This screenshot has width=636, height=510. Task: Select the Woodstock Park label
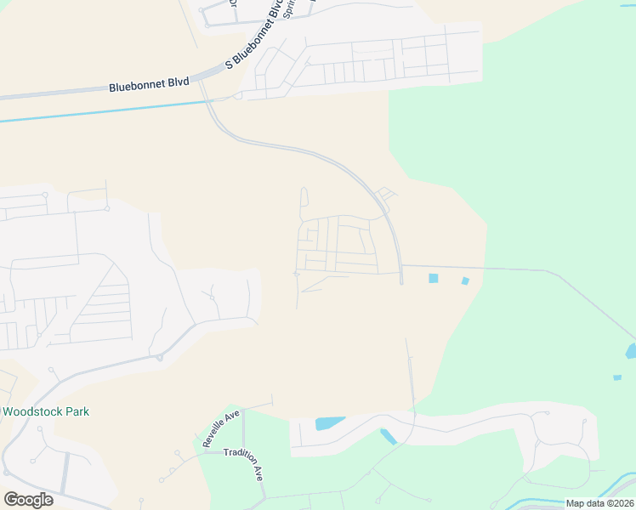pos(46,411)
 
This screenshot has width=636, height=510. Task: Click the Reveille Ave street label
pos(221,428)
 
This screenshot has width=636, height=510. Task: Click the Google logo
pos(28,500)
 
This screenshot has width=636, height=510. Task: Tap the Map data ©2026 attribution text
pos(599,503)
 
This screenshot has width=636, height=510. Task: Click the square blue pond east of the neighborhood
pos(434,278)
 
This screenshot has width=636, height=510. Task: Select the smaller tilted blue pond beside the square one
pos(464,280)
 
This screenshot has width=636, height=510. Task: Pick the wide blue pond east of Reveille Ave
pos(329,422)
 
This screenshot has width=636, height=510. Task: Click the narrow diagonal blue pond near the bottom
pos(389,437)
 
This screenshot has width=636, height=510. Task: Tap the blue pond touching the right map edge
pos(631,350)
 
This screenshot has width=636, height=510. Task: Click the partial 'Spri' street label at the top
pos(291,11)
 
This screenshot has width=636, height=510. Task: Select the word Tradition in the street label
pos(239,455)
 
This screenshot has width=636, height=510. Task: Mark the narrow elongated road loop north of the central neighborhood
pos(304,199)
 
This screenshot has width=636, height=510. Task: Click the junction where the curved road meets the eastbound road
pos(400,266)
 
